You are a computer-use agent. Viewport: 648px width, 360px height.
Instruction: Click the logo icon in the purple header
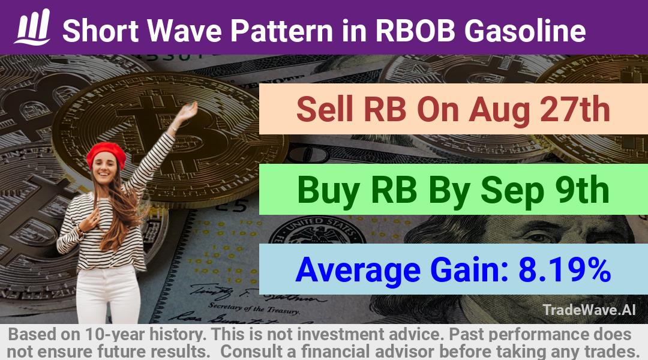point(32,27)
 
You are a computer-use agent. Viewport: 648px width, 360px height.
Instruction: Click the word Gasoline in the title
point(525,31)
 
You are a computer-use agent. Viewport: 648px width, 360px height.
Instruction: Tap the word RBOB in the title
point(415,31)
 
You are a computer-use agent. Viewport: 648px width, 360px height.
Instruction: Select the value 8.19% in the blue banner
point(565,269)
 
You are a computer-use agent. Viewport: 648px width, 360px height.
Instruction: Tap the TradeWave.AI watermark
point(589,310)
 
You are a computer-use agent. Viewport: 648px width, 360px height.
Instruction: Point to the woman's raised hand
point(188,111)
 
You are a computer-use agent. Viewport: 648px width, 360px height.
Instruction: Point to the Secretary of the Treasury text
point(254,308)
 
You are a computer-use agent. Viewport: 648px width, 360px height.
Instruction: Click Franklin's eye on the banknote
point(539,238)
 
